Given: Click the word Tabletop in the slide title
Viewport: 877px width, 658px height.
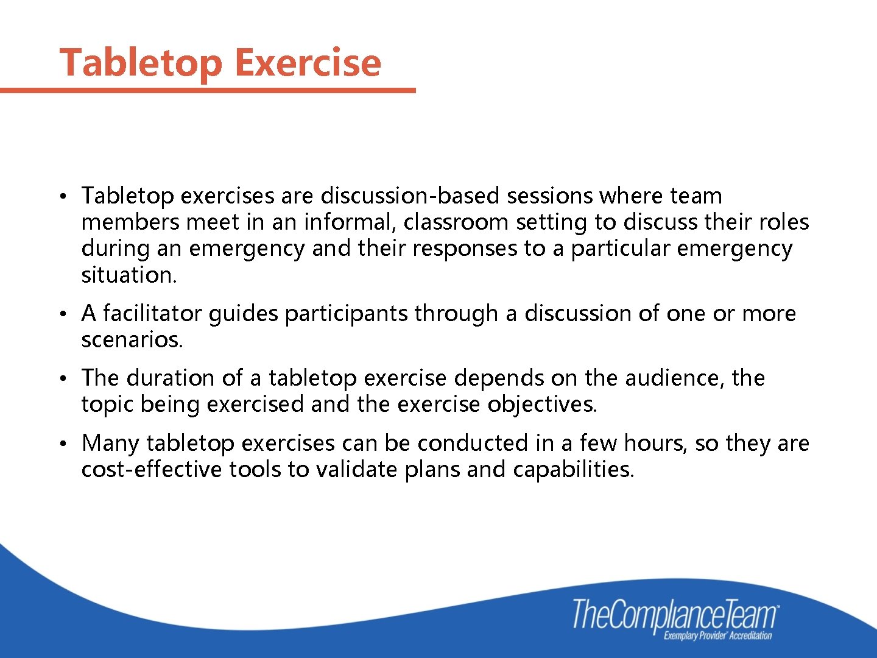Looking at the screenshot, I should pos(141,62).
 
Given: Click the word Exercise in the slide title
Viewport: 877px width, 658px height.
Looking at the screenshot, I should pos(308,62).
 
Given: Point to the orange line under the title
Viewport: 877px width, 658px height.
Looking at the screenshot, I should pos(207,90).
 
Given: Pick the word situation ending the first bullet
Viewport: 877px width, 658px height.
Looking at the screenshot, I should pos(129,275).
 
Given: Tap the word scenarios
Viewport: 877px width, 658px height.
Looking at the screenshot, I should pos(132,339).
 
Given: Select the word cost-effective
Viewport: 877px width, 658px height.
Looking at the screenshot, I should pos(152,469).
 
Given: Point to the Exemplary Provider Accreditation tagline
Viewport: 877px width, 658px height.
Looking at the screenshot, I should pos(717,636).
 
